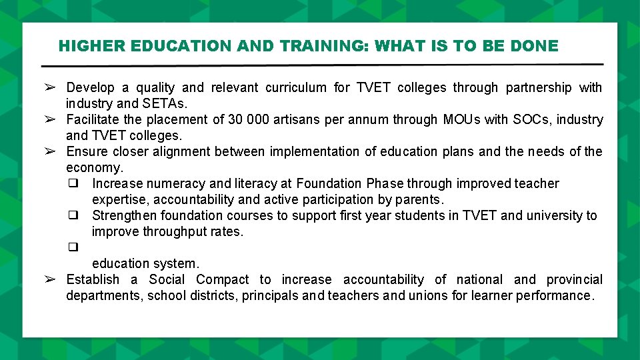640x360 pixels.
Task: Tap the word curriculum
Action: click(295, 87)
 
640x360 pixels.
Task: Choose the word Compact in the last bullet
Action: click(223, 279)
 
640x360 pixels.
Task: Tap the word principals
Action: click(271, 295)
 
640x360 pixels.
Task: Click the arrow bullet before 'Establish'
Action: click(49, 279)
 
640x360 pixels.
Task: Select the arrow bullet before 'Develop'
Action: click(49, 87)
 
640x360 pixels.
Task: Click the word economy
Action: click(93, 167)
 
